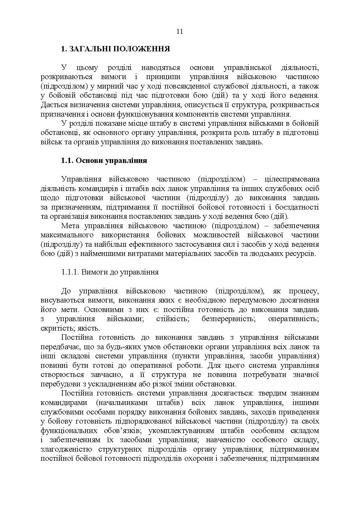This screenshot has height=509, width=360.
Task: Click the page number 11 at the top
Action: coord(180,32)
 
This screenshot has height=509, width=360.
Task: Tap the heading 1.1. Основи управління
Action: coord(104,160)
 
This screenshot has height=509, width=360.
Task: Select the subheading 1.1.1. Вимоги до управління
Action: coord(110,272)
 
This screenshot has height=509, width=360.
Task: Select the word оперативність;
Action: coord(293,319)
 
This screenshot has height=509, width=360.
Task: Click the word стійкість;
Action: coord(172,319)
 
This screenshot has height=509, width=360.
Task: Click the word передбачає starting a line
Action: coord(59,347)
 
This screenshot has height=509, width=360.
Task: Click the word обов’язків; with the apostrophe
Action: coord(117,431)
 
